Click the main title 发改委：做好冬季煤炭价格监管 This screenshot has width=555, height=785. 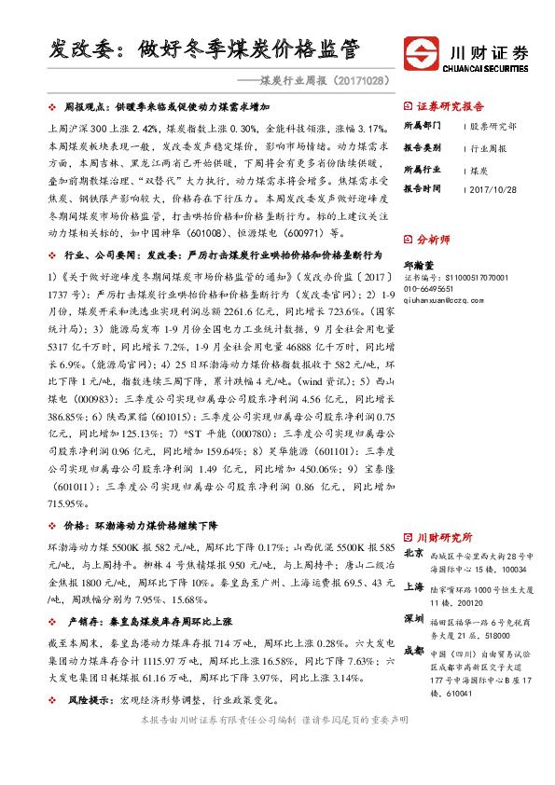(x=204, y=48)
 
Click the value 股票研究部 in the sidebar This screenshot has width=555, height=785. (x=493, y=125)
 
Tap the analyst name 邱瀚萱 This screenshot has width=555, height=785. (x=418, y=265)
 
